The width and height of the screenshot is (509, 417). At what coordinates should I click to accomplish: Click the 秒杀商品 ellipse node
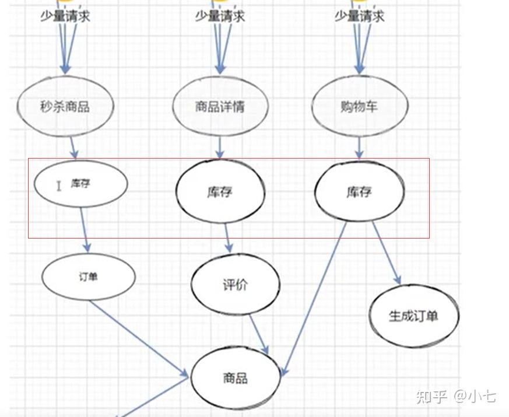pos(65,106)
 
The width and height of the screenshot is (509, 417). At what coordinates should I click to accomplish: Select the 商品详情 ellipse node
pos(220,106)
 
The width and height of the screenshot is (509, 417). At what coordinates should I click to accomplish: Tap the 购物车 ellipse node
pos(359,106)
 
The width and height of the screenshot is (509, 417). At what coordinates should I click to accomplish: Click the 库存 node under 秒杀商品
pos(80,183)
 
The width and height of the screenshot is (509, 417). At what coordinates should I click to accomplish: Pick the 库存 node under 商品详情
pos(220,192)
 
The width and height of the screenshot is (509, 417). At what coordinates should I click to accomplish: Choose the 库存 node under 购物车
pos(359,192)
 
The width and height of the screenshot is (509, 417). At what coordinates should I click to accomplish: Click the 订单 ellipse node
pos(89,276)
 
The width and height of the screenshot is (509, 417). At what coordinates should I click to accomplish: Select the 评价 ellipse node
pos(235,285)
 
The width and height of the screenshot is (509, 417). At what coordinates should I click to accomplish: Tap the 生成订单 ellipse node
pos(413,316)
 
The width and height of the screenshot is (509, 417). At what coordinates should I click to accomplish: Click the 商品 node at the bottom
pos(235,378)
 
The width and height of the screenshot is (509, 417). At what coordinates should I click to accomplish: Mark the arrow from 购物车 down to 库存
pos(359,148)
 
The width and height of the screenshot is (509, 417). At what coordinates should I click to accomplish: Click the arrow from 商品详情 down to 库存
pos(220,148)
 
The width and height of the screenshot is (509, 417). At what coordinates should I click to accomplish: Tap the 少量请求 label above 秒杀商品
pos(65,16)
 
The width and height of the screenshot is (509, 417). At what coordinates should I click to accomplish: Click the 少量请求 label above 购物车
pos(359,16)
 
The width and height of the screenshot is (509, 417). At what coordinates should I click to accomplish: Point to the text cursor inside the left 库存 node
pos(58,185)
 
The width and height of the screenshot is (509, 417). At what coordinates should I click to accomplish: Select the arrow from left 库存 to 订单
pos(85,230)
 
